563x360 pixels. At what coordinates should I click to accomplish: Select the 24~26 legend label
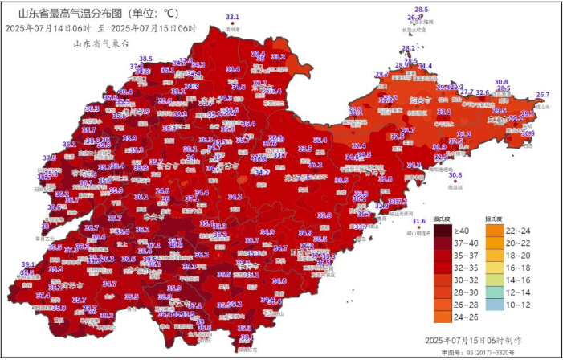click(x=469, y=306)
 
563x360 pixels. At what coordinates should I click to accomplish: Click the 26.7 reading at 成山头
click(x=543, y=95)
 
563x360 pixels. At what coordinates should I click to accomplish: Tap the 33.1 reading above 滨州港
click(x=233, y=17)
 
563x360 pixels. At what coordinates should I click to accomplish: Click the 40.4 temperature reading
click(x=125, y=92)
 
